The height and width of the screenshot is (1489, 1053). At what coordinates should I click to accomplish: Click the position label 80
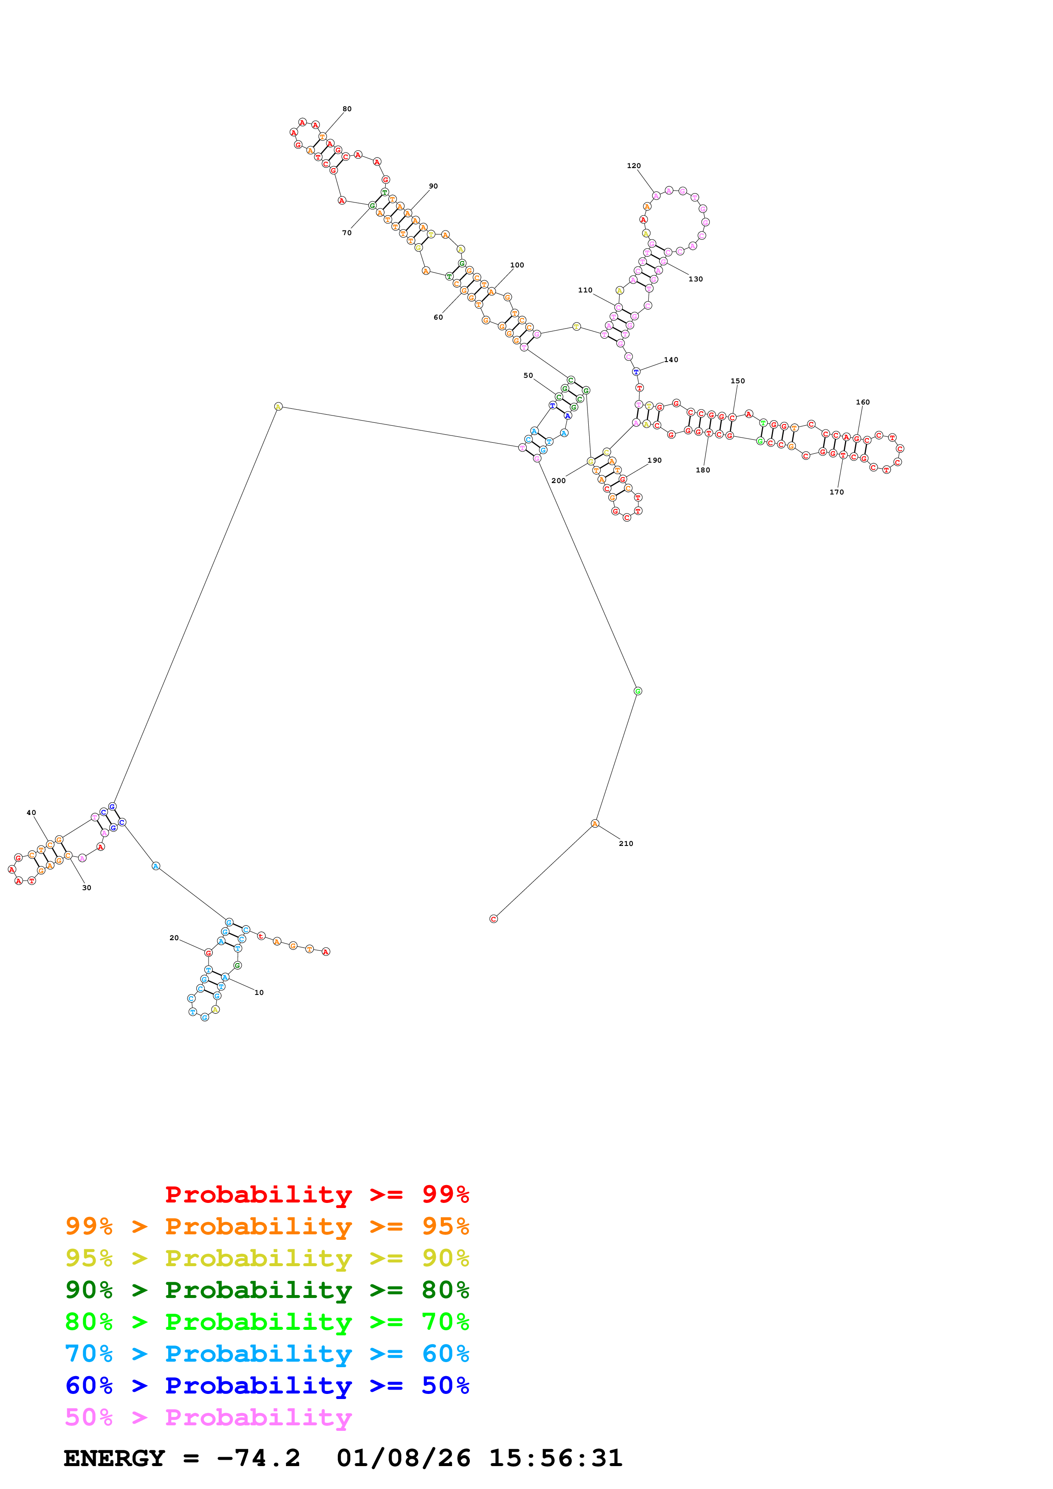tap(347, 109)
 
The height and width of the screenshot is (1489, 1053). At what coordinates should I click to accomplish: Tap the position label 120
tap(634, 166)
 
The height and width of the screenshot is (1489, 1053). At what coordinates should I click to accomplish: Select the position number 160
tap(863, 402)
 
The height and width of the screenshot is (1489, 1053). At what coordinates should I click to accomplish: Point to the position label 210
tap(626, 844)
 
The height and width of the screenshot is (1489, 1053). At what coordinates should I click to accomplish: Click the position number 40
tap(31, 812)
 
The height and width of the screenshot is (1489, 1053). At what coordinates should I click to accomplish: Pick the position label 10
tap(259, 992)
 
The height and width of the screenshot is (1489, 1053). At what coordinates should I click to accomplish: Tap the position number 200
tap(559, 480)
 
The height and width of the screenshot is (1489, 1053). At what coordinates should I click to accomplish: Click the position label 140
tap(671, 360)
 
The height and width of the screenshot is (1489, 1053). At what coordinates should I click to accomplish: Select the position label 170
tap(837, 492)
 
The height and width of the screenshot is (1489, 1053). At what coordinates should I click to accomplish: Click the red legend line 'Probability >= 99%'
tap(316, 1194)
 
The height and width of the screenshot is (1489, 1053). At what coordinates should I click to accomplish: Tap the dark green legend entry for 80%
tap(267, 1290)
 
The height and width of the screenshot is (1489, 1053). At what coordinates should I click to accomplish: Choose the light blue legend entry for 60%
tap(267, 1354)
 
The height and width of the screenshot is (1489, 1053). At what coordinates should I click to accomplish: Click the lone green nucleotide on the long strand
tap(638, 691)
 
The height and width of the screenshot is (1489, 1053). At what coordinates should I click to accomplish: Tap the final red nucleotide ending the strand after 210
tap(494, 919)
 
